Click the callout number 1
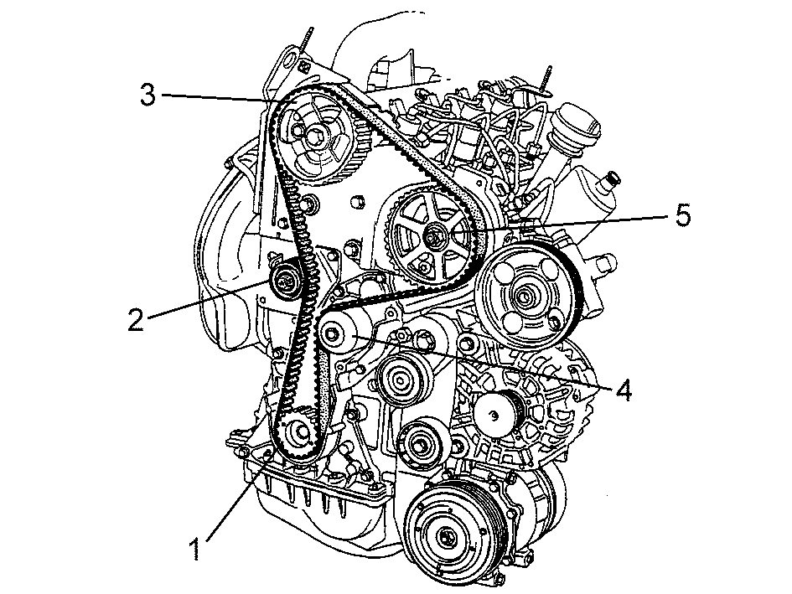(195, 549)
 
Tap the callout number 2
(136, 320)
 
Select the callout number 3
(148, 95)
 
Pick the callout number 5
(682, 215)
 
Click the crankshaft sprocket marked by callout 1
(299, 433)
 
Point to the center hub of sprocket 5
(433, 236)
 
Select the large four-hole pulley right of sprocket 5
(525, 294)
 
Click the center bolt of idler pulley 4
(331, 333)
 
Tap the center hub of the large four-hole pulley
(523, 297)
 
